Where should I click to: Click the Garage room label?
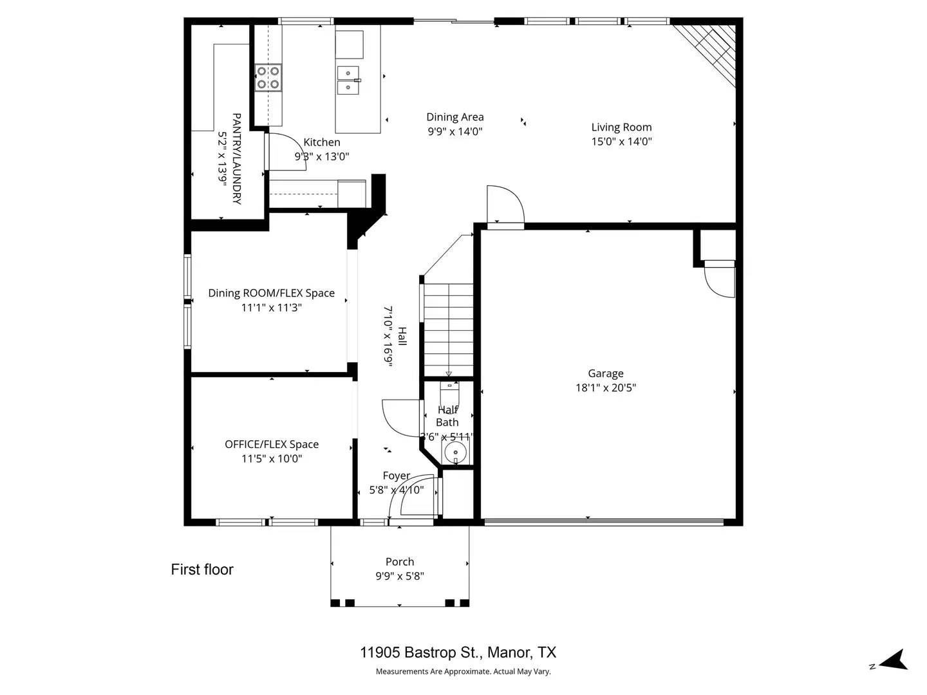(605, 373)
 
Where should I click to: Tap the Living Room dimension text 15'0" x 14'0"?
(621, 142)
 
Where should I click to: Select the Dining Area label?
(454, 117)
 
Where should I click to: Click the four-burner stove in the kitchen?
(268, 77)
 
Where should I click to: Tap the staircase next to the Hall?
(448, 328)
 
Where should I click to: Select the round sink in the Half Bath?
(456, 452)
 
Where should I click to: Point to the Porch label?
(400, 562)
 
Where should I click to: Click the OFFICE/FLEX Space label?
(272, 444)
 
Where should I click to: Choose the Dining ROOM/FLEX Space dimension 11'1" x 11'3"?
(271, 308)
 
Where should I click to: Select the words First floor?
(202, 570)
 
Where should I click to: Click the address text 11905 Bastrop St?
(420, 653)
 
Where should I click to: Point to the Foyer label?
(396, 476)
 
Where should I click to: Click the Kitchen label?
(321, 142)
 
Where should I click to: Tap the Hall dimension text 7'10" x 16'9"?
(388, 335)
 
